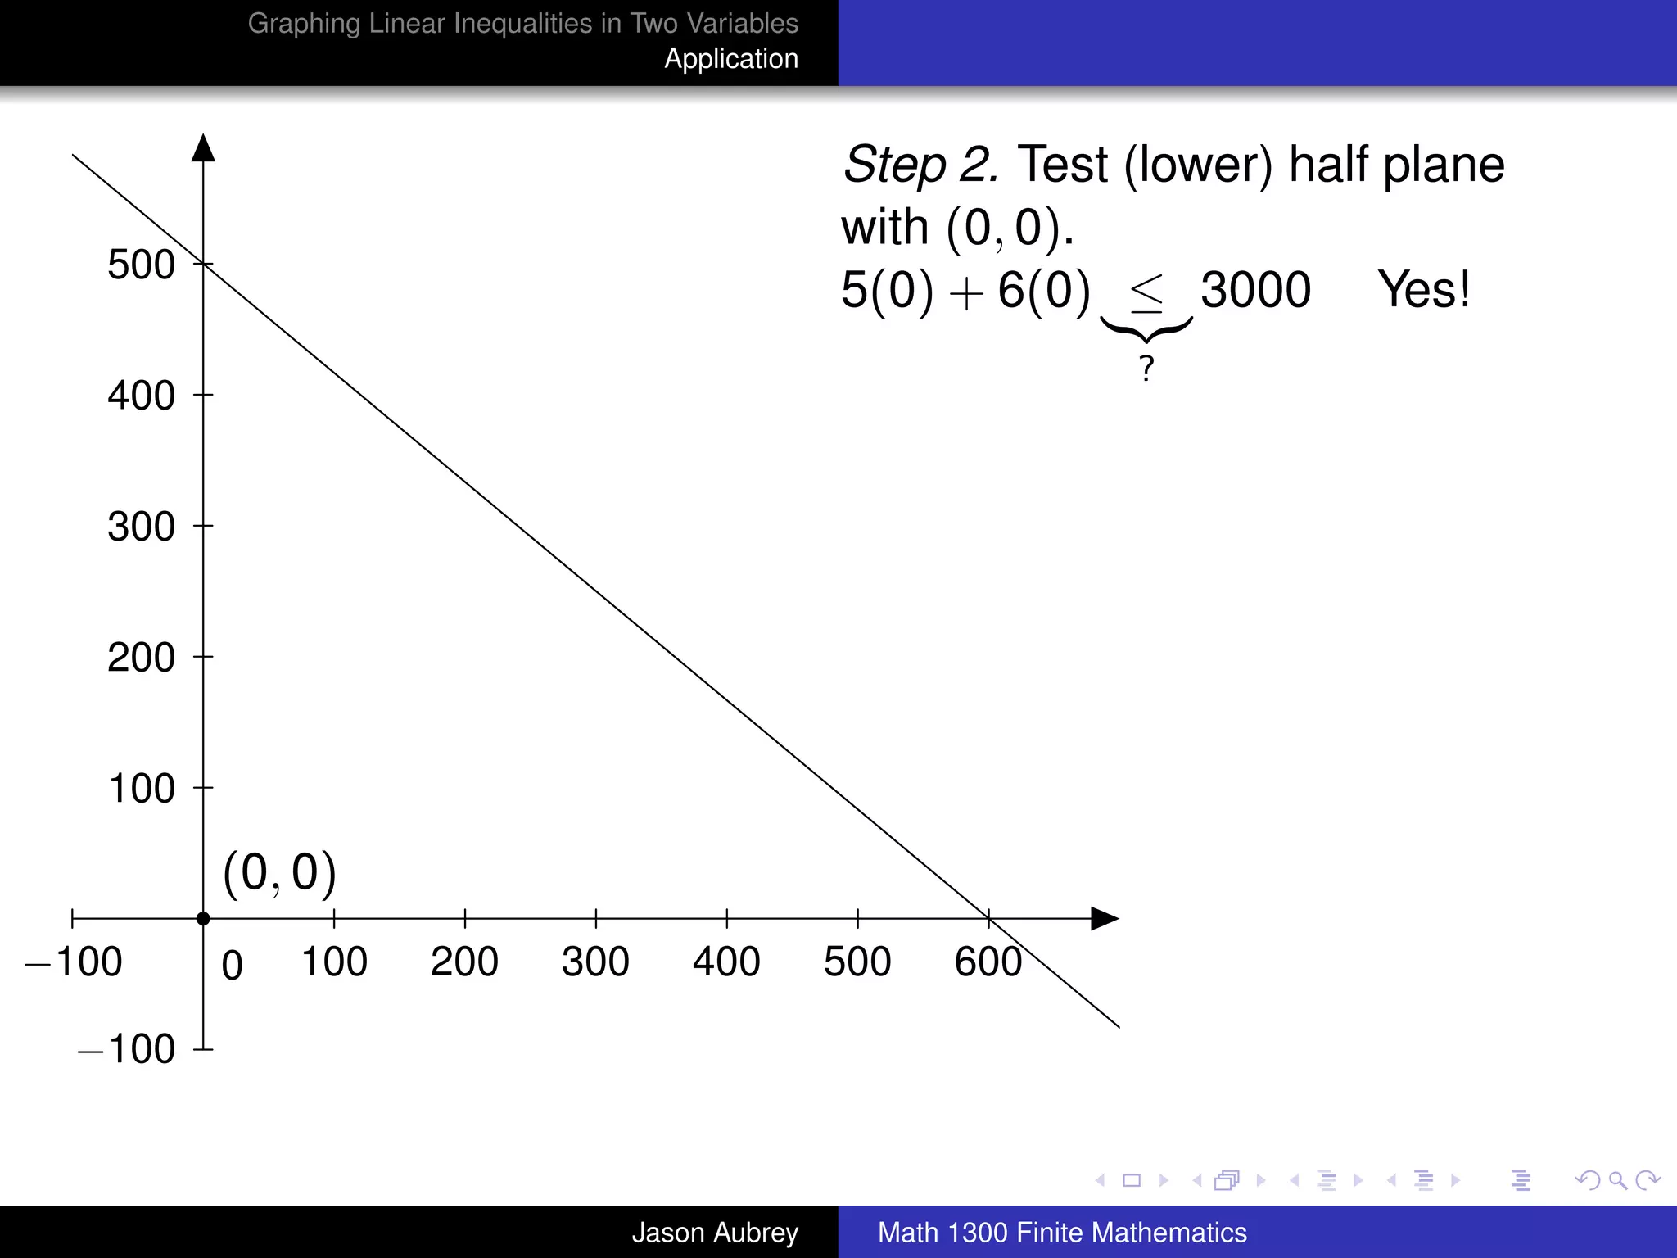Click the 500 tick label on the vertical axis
click(141, 265)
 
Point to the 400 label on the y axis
click(141, 396)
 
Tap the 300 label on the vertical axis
click(141, 527)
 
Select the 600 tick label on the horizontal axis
click(988, 962)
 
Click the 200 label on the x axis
click(464, 962)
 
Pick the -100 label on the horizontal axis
click(74, 962)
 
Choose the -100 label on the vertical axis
click(127, 1049)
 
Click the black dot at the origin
click(203, 919)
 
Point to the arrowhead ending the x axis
click(1105, 919)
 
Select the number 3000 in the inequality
click(1255, 289)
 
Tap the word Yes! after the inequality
click(1423, 289)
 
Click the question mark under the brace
click(1146, 369)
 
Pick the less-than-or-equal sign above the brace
click(1146, 292)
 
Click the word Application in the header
click(730, 59)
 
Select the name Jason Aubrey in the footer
click(714, 1232)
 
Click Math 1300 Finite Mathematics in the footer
click(1062, 1232)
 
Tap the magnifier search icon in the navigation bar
click(1617, 1180)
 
